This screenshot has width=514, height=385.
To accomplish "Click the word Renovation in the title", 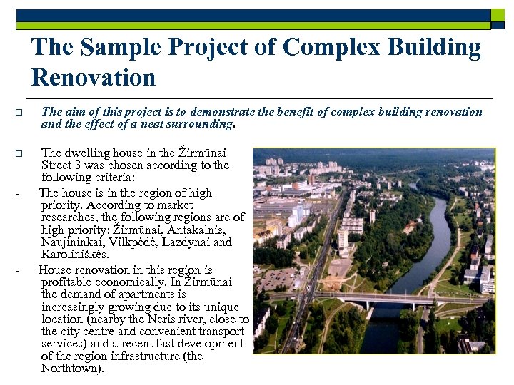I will (93, 77).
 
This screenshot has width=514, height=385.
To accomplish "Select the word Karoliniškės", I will (75, 255).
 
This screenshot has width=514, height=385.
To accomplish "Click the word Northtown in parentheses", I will (71, 369).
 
